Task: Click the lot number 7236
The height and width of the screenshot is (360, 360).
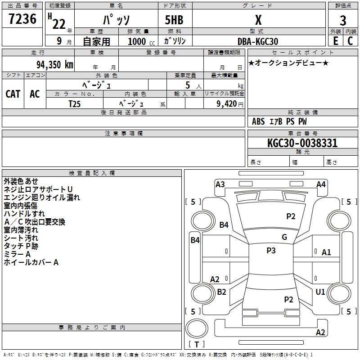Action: pyautogui.click(x=22, y=20)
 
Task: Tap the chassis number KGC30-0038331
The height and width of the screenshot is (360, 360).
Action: pyautogui.click(x=302, y=143)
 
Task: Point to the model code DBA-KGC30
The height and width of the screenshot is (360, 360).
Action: pyautogui.click(x=258, y=41)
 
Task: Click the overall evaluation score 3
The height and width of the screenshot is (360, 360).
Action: pyautogui.click(x=343, y=20)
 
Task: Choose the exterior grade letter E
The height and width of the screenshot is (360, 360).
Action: pyautogui.click(x=335, y=41)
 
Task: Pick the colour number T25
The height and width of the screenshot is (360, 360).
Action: pyautogui.click(x=75, y=103)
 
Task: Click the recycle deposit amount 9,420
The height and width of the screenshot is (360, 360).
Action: pyautogui.click(x=224, y=103)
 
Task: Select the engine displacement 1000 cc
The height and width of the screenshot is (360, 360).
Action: pyautogui.click(x=140, y=41)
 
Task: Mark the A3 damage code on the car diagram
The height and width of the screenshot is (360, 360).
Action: pyautogui.click(x=220, y=184)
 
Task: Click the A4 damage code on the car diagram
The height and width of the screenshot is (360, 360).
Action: pyautogui.click(x=321, y=184)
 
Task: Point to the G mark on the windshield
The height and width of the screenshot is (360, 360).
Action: pyautogui.click(x=284, y=237)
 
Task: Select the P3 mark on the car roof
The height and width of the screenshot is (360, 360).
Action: pyautogui.click(x=271, y=251)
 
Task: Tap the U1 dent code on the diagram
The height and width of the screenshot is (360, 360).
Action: pyautogui.click(x=320, y=292)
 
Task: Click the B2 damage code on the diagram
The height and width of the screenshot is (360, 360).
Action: pyautogui.click(x=222, y=292)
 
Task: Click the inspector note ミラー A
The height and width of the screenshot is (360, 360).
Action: pyautogui.click(x=17, y=254)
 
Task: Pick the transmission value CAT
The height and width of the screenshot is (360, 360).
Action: pyautogui.click(x=13, y=94)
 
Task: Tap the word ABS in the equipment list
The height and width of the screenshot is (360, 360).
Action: pyautogui.click(x=258, y=121)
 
